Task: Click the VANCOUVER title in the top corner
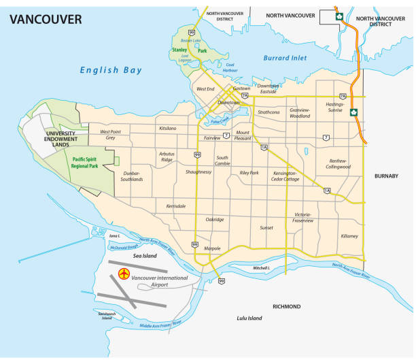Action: (45, 19)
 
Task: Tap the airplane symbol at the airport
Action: (124, 274)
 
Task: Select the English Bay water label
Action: (110, 69)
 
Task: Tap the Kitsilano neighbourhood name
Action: (167, 128)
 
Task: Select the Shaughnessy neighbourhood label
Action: (198, 172)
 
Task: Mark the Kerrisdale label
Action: (175, 206)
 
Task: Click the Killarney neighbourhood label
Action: (349, 236)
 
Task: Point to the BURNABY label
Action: (386, 176)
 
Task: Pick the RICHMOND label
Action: (286, 306)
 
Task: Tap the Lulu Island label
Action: (249, 318)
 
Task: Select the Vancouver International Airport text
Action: (163, 280)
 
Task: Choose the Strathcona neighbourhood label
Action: (268, 112)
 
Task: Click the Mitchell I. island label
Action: (262, 267)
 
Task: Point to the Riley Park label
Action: (249, 173)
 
